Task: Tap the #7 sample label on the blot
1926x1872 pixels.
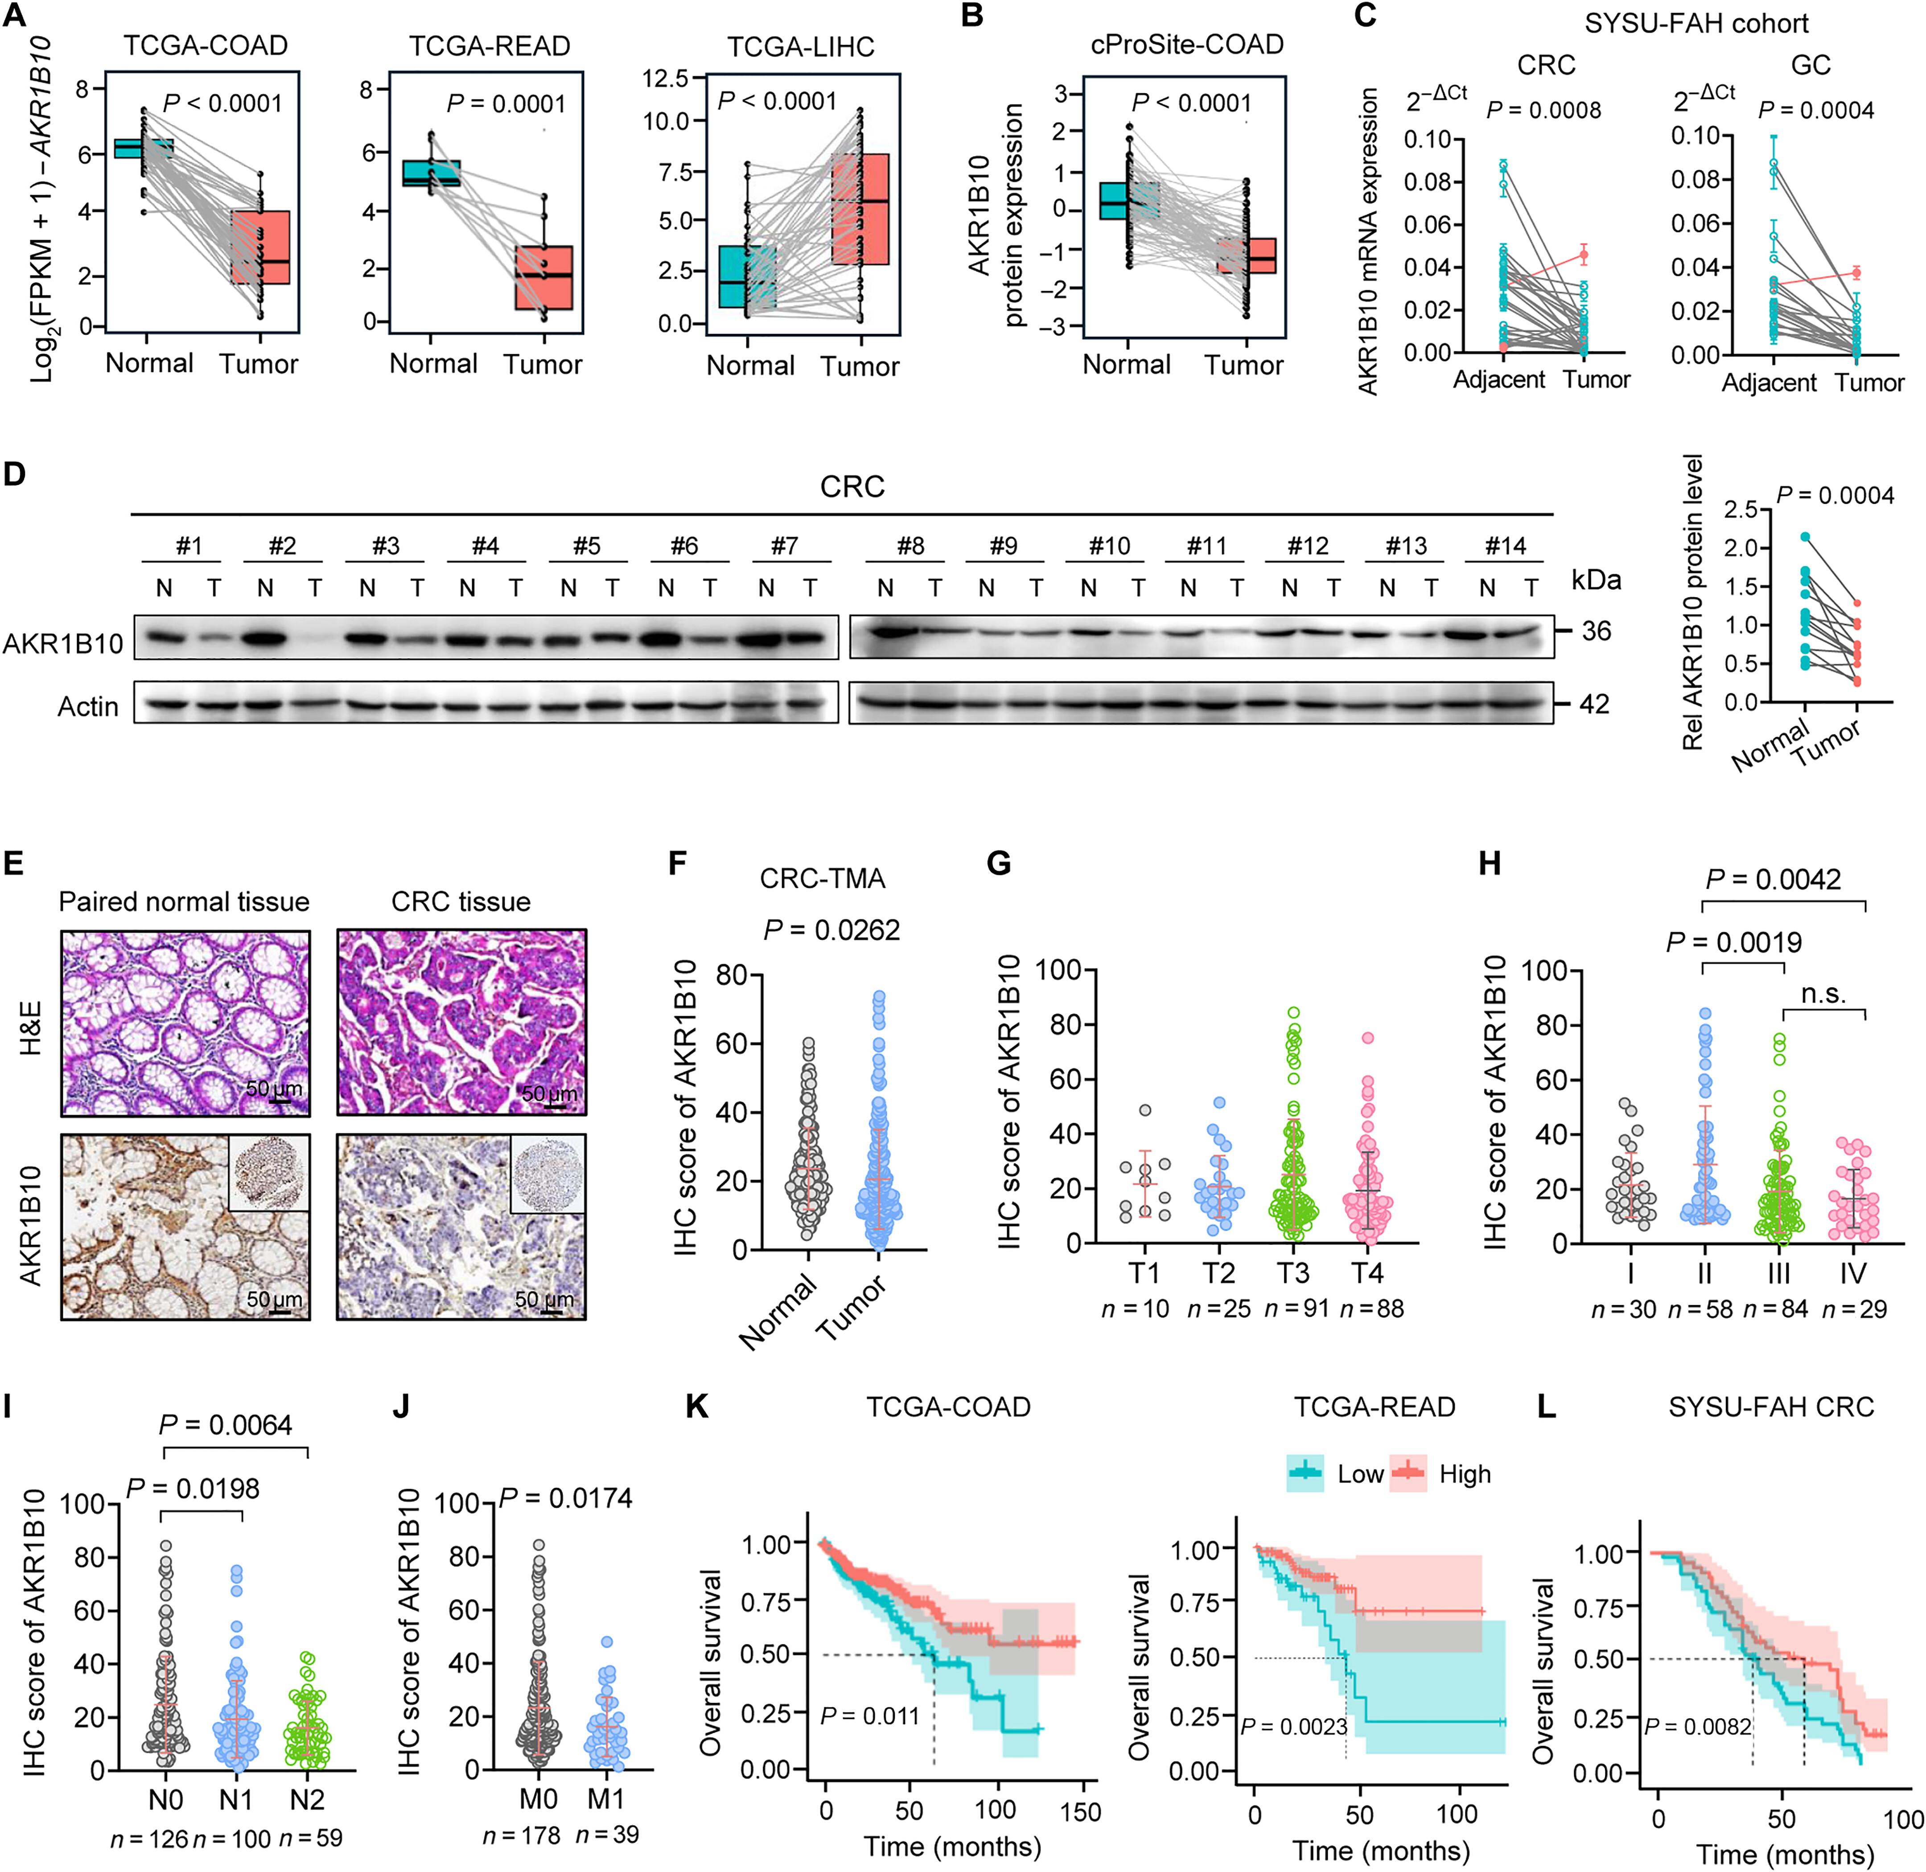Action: point(785,546)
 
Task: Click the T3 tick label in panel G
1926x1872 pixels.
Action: point(1293,1273)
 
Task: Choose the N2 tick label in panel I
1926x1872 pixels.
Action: point(307,1799)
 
